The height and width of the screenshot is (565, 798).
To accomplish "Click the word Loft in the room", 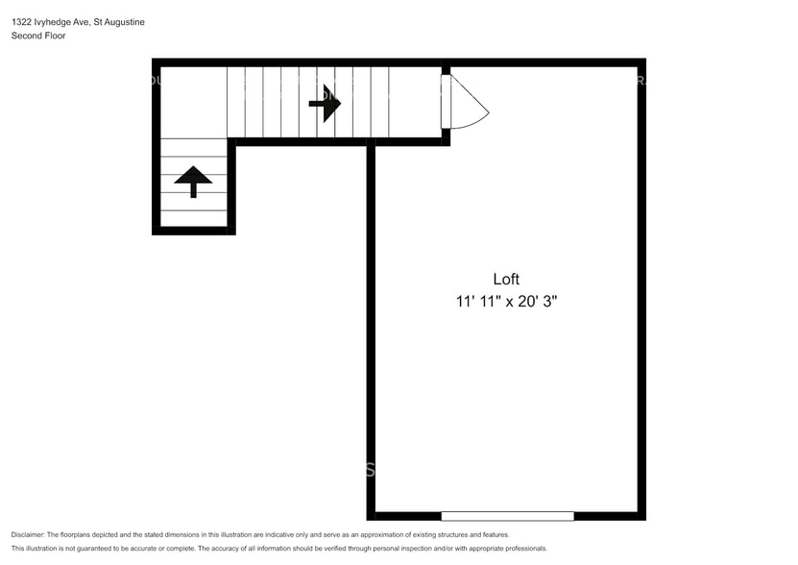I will [x=506, y=279].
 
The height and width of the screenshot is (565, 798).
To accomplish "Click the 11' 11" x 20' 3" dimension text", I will [x=506, y=302].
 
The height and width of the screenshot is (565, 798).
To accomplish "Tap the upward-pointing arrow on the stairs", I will [x=193, y=180].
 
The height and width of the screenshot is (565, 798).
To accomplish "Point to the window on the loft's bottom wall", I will [x=507, y=516].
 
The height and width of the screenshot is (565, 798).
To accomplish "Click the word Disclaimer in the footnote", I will [x=28, y=534].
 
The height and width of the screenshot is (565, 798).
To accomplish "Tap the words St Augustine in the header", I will [x=119, y=22].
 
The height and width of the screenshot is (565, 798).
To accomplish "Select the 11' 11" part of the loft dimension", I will [x=475, y=302].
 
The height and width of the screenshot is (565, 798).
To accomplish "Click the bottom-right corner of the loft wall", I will [x=641, y=516].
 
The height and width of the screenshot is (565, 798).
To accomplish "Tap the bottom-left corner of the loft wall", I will [x=371, y=516].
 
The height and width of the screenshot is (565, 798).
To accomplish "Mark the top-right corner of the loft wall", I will [x=641, y=62].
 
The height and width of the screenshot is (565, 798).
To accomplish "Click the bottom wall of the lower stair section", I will [x=194, y=231].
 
